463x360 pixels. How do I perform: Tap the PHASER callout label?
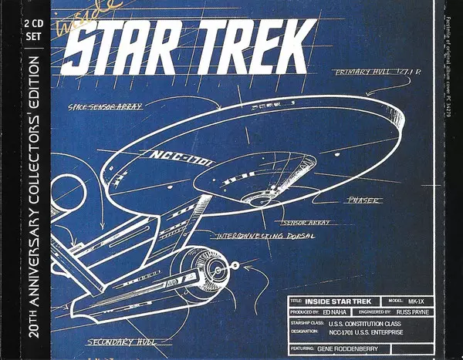point(363,200)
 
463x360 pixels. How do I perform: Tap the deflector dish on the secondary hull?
point(218,270)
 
